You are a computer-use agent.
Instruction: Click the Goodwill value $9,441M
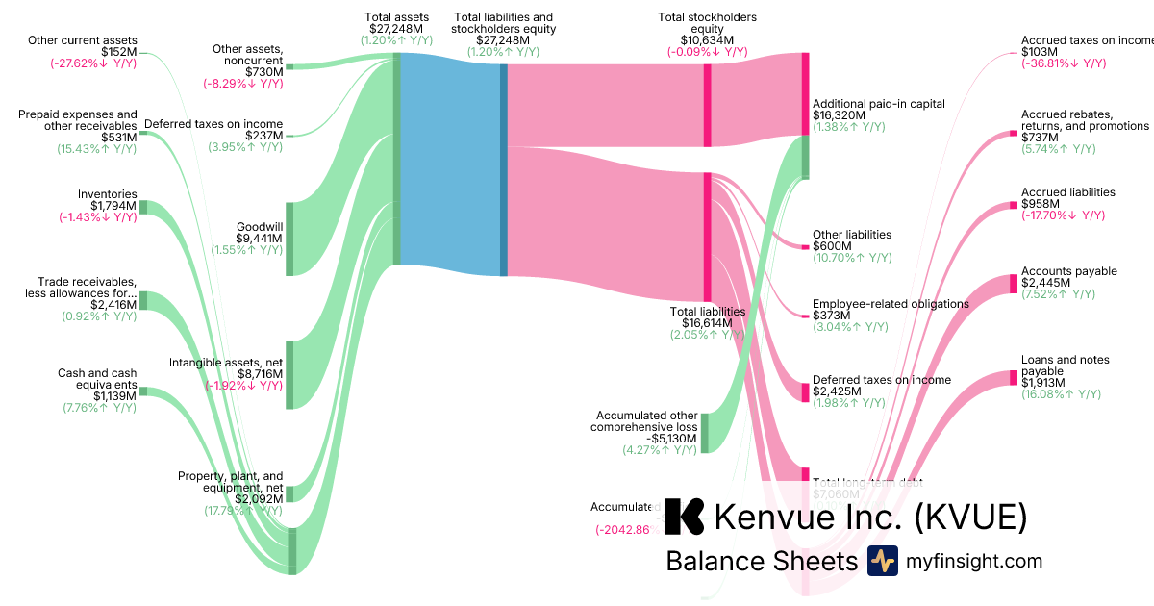[259, 239]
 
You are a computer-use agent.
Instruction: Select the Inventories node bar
[143, 207]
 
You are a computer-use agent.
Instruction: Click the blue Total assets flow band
[448, 159]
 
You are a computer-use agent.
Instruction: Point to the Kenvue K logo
[685, 517]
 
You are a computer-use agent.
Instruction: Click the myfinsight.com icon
[882, 561]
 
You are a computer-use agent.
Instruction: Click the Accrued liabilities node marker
[1013, 204]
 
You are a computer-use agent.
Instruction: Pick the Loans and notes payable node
[1013, 378]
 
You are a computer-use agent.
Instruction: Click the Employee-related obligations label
[891, 304]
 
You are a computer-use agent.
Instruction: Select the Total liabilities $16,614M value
[708, 324]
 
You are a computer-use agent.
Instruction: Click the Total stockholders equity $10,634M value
[707, 40]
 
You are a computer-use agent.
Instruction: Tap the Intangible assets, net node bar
[289, 374]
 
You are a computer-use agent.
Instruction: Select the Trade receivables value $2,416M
[113, 305]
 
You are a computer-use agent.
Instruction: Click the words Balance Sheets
[761, 561]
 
